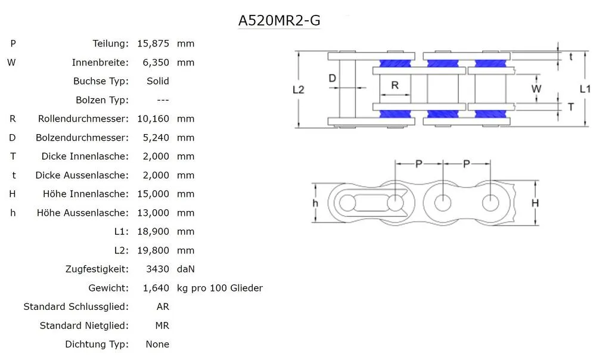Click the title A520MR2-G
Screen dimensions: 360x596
coord(279,20)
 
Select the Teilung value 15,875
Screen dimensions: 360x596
coord(153,44)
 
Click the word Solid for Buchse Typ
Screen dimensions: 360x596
coord(157,81)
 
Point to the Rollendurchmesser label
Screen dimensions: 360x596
coord(83,119)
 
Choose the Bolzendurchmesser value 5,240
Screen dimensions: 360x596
coord(153,138)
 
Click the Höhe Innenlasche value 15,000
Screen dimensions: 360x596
coord(153,194)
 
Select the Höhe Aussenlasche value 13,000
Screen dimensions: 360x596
coord(153,213)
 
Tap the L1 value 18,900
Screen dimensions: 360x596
coord(153,231)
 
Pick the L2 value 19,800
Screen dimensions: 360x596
coord(153,250)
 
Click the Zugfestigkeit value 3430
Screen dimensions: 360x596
coord(158,269)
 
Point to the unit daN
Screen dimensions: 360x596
coord(186,269)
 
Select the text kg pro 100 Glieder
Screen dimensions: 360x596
coord(220,288)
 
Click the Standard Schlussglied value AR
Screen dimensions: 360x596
coord(162,307)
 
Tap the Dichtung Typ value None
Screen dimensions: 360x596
coord(157,345)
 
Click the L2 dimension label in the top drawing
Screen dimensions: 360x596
coord(299,90)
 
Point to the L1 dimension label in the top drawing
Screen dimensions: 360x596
coord(585,89)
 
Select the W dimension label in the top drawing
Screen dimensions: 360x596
coord(536,89)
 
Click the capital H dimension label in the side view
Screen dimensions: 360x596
coord(535,203)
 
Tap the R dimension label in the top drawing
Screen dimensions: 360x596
coord(395,85)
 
